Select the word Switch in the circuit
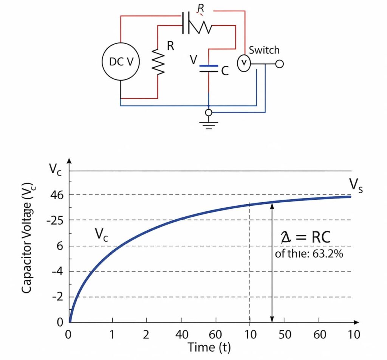(264, 50)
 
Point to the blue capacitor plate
(208, 66)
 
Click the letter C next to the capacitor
(225, 71)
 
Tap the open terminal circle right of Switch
(279, 64)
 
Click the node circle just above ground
(208, 112)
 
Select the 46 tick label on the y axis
(56, 195)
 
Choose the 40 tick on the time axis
(181, 335)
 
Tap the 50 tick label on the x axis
(285, 335)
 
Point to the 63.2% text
(328, 254)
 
